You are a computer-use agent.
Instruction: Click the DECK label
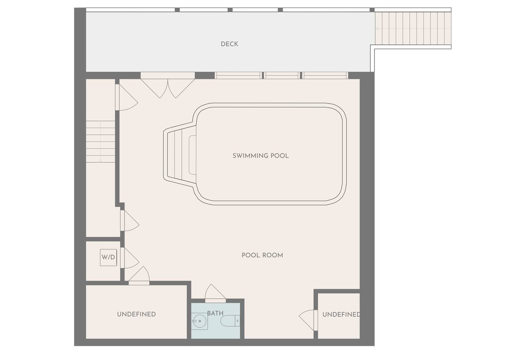229,44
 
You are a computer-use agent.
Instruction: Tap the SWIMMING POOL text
261,156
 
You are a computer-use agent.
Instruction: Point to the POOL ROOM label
262,255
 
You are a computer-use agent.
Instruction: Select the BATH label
215,313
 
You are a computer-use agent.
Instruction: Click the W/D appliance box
108,257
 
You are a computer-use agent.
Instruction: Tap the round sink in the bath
199,321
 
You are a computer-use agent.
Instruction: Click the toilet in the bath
230,321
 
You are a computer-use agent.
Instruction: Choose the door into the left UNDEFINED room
139,276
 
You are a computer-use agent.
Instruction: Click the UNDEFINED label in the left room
136,314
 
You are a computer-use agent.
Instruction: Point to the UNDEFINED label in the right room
341,315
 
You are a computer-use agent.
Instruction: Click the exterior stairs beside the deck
413,28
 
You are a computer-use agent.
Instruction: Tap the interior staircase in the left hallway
101,142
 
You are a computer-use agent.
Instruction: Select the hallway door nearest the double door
126,97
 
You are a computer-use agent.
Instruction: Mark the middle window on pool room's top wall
282,75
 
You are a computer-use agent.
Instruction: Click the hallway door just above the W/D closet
129,220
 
